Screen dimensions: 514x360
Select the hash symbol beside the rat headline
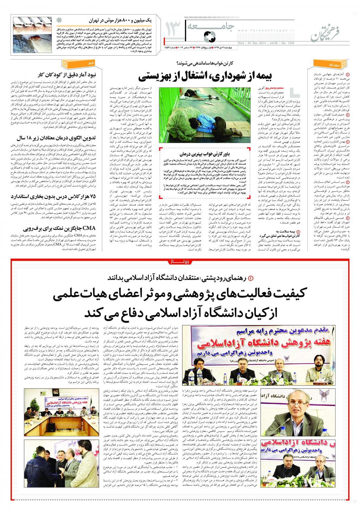click(59, 21)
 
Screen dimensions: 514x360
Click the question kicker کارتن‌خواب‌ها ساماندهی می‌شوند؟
click(205, 63)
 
